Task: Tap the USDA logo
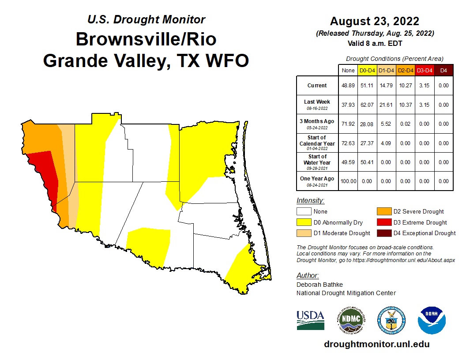(x=310, y=320)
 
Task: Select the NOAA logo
(x=432, y=320)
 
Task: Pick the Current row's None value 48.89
(x=347, y=86)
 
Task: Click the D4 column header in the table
(x=443, y=70)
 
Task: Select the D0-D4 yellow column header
(x=367, y=70)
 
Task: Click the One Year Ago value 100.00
(x=347, y=181)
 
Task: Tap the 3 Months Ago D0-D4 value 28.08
(x=367, y=124)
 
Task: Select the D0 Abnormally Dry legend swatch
(x=303, y=222)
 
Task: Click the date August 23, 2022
(x=374, y=21)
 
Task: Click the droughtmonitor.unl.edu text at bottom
(x=376, y=344)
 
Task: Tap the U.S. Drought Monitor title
(x=146, y=20)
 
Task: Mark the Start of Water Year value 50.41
(x=367, y=162)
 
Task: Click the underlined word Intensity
(x=310, y=200)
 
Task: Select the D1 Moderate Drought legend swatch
(x=303, y=233)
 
